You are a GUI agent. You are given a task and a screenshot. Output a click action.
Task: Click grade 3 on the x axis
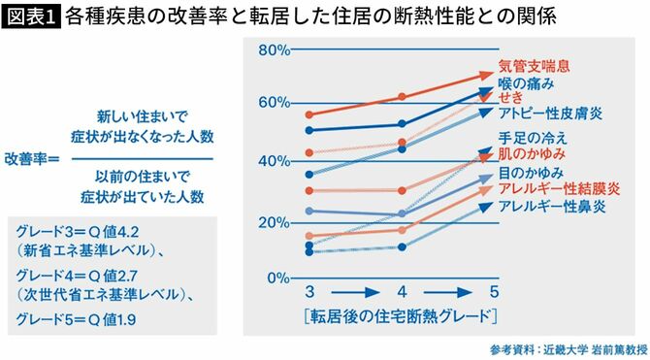(309, 292)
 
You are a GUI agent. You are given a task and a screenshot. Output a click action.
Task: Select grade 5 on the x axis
(494, 292)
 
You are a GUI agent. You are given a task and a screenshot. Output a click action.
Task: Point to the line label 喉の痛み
(525, 83)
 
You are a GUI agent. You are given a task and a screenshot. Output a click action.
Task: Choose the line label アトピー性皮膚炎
(549, 114)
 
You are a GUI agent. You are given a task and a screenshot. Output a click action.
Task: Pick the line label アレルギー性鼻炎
(549, 207)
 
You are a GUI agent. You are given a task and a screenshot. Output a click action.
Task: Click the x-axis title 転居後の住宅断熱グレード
(400, 315)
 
